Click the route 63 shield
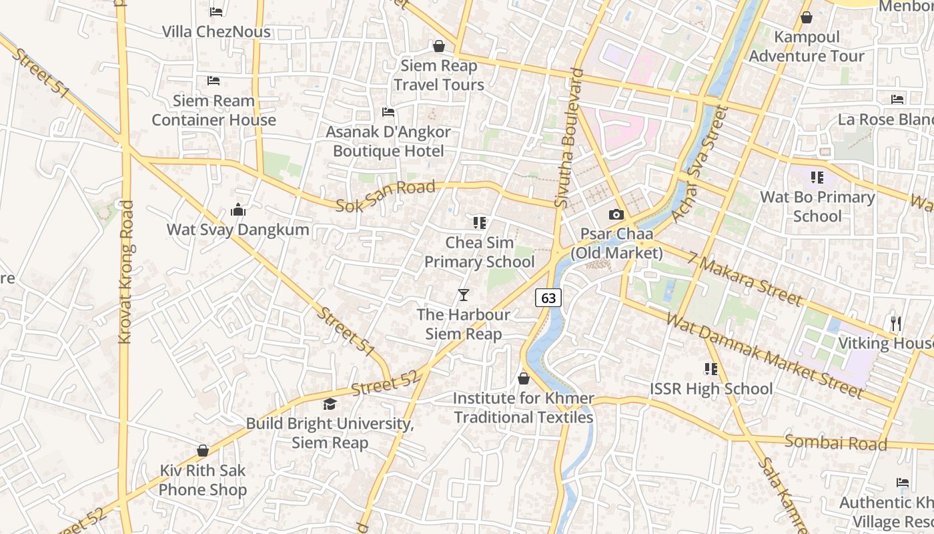[548, 298]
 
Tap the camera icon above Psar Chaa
[616, 215]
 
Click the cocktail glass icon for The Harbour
[464, 295]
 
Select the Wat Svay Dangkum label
[238, 230]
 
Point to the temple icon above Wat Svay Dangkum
[238, 210]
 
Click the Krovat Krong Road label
[125, 272]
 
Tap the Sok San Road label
[385, 196]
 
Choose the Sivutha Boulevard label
[568, 138]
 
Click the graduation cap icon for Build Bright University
[330, 404]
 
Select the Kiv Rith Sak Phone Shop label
[203, 480]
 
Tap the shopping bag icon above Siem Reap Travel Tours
[439, 46]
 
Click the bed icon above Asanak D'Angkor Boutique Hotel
[388, 112]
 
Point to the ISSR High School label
[711, 388]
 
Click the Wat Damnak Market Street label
[765, 355]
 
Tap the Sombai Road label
[835, 443]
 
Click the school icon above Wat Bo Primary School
[817, 178]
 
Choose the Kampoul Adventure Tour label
[807, 47]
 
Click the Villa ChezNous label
[216, 31]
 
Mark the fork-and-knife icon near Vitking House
[896, 324]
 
